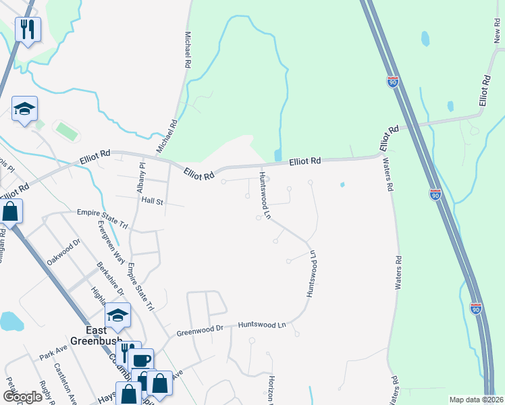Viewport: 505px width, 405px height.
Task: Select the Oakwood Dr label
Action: pos(63,252)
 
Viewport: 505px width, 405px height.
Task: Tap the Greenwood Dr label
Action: pos(200,331)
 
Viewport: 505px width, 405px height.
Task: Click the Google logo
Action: pos(22,397)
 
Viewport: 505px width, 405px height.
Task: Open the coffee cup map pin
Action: pos(142,360)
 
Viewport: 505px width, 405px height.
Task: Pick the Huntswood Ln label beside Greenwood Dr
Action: pos(262,325)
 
